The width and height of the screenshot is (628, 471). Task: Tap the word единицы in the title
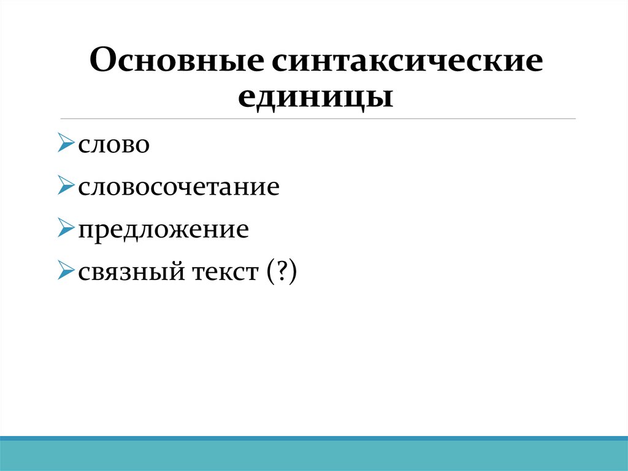(x=315, y=97)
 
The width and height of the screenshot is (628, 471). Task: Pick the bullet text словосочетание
(x=178, y=187)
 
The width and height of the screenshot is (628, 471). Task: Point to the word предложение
(x=163, y=229)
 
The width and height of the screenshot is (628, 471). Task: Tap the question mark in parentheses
(x=281, y=270)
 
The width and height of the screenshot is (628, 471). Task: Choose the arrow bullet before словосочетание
(x=66, y=185)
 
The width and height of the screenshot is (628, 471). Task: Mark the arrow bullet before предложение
(x=66, y=228)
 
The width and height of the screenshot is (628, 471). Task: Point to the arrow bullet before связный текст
(x=66, y=270)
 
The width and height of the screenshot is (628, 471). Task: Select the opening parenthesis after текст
(x=270, y=271)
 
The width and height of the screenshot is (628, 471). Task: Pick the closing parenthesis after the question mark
(x=293, y=271)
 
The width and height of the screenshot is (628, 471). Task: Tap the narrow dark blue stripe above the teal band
(x=314, y=438)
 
